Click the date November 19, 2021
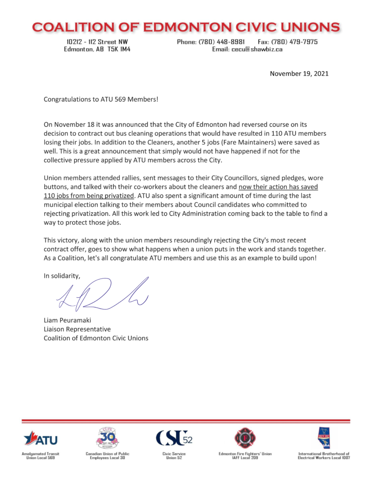tap(299, 73)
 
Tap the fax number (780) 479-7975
tap(295, 42)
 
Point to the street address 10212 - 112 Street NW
tap(97, 42)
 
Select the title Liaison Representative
tap(77, 329)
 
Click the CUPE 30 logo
tap(107, 438)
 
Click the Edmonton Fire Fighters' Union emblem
tap(245, 438)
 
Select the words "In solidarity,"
tap(62, 276)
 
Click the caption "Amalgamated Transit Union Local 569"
tap(40, 456)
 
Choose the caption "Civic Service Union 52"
tap(174, 456)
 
